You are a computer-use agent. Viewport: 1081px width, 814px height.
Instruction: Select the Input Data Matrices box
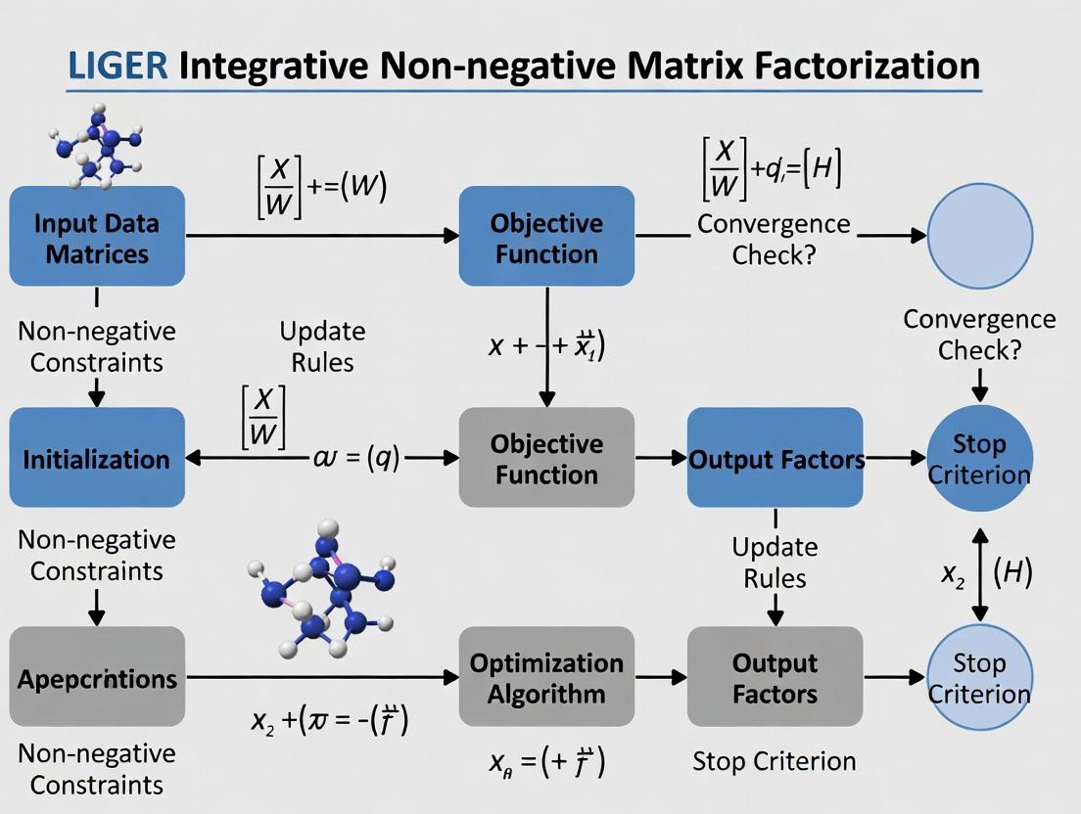(x=97, y=237)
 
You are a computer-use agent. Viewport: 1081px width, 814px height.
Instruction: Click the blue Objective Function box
(x=546, y=237)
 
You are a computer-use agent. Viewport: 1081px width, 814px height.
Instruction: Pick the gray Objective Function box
(x=546, y=458)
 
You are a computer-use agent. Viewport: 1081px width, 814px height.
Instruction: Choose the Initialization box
(x=97, y=458)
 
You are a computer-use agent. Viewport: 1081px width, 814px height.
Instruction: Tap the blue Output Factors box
(x=775, y=458)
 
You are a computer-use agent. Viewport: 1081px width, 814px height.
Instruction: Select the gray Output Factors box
(x=775, y=677)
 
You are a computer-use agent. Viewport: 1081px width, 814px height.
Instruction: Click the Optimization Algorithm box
(x=546, y=677)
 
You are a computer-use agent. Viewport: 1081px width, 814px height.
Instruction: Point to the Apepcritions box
(x=97, y=677)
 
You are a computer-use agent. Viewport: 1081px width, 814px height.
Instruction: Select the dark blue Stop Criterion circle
(x=979, y=458)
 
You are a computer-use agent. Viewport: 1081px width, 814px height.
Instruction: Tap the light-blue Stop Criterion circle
(x=979, y=677)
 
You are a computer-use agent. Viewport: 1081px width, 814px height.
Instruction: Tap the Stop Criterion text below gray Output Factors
(x=774, y=760)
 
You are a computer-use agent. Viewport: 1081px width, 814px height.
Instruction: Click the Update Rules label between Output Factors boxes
(x=775, y=562)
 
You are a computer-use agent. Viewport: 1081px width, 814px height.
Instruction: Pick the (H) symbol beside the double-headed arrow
(x=1012, y=573)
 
